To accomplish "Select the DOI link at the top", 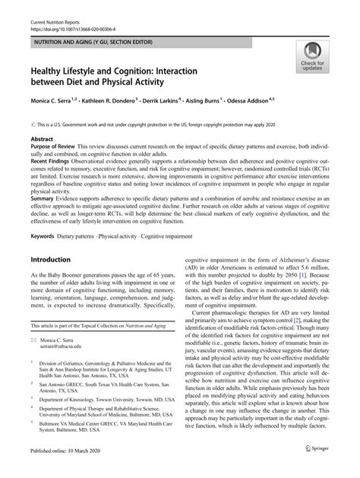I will click(61, 15).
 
